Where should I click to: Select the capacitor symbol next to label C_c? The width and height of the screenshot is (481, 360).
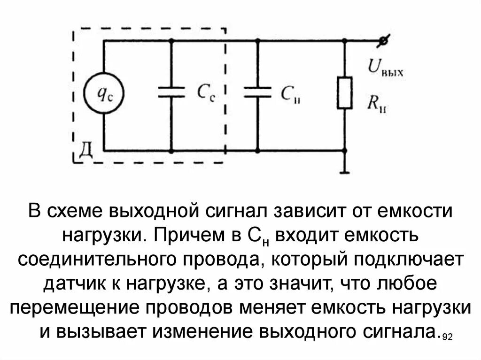pyautogui.click(x=171, y=92)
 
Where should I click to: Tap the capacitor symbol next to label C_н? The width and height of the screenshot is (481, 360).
pyautogui.click(x=257, y=92)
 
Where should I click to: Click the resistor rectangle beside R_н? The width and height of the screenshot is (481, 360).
pyautogui.click(x=345, y=92)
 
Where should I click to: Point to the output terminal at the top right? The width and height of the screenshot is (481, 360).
pyautogui.click(x=384, y=41)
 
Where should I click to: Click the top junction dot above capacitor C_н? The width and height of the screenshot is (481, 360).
pyautogui.click(x=257, y=41)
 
